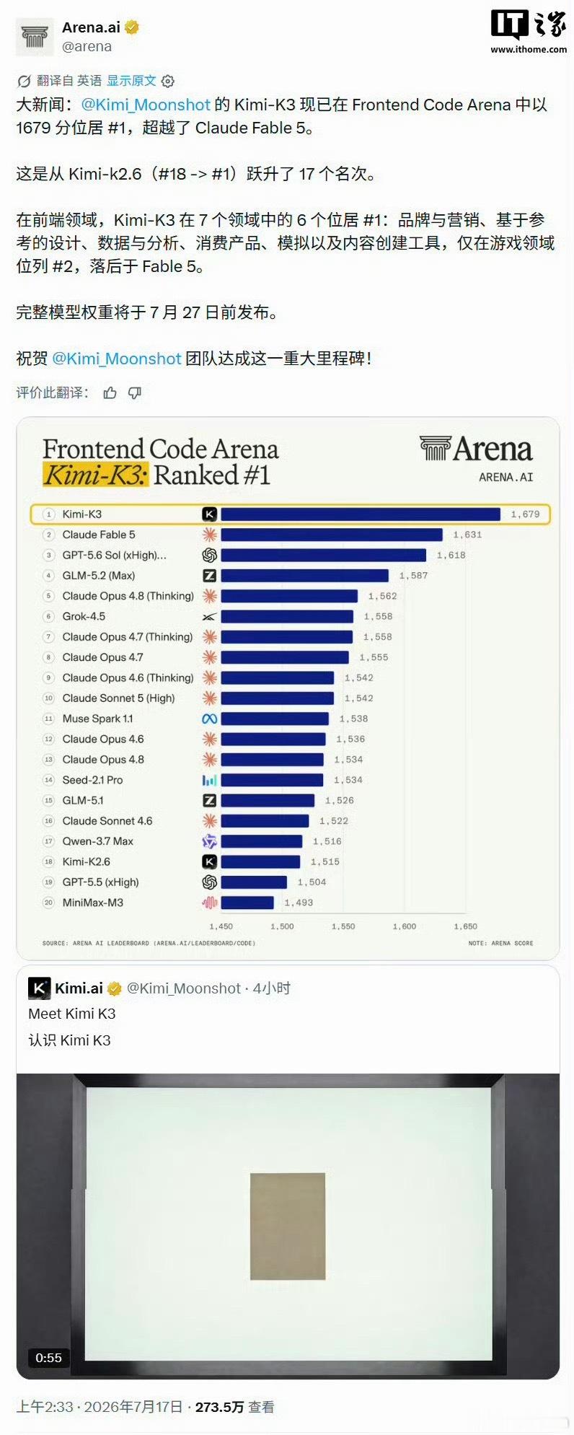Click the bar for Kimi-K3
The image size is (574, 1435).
(x=361, y=514)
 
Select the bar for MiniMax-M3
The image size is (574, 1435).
(x=247, y=903)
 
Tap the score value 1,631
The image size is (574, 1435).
(x=467, y=535)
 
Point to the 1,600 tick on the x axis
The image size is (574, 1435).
(x=405, y=926)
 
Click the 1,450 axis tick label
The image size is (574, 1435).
(x=221, y=926)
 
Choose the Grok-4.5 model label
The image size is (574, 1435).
(x=84, y=616)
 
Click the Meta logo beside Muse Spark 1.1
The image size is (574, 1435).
(x=209, y=719)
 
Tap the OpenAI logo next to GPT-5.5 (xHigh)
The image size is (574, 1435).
(x=209, y=882)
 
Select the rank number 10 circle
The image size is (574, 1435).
(x=49, y=698)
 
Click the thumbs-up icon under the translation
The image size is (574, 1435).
(x=110, y=392)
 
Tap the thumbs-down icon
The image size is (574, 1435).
(x=135, y=392)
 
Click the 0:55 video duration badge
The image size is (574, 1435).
(x=49, y=1358)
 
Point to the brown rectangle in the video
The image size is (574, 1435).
(x=288, y=1226)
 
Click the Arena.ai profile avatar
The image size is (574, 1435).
(x=35, y=37)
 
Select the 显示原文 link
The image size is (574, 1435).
(x=131, y=80)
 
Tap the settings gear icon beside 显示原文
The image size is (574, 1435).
(x=168, y=81)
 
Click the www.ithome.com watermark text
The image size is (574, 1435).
(x=529, y=49)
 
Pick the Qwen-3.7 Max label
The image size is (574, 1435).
(x=98, y=841)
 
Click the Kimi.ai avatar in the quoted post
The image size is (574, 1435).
(x=39, y=988)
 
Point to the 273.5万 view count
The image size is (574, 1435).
(x=219, y=1407)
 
